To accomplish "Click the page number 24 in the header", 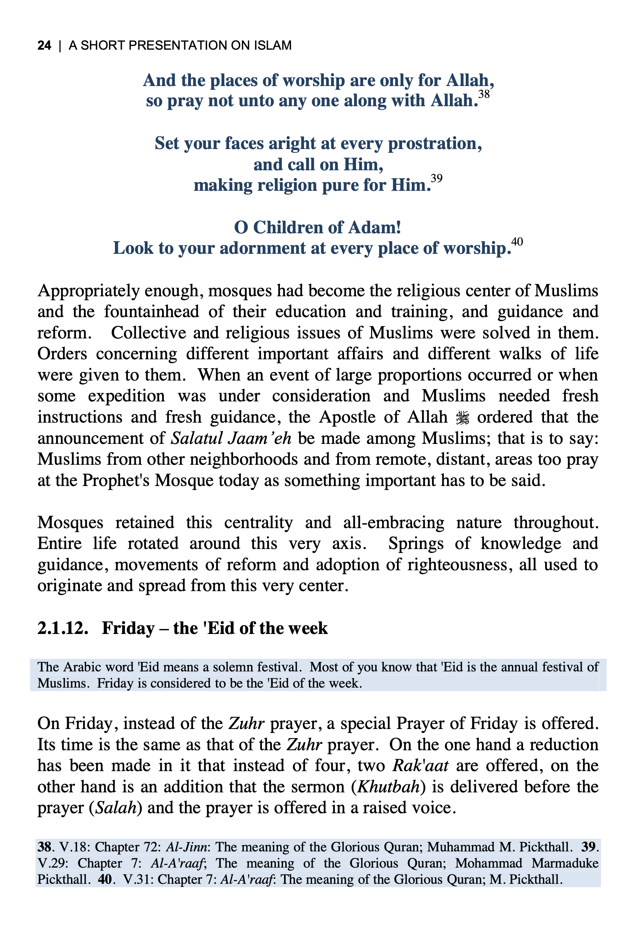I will [x=44, y=45].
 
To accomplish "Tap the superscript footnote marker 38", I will [x=484, y=94].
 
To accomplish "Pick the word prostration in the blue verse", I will [x=434, y=143].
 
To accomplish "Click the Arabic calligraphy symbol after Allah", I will [x=462, y=418].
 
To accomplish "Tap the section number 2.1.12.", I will [x=62, y=628].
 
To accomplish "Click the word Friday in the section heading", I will [x=128, y=628].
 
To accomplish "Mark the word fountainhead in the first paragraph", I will [x=152, y=312].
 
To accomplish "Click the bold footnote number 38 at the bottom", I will [x=44, y=847].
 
